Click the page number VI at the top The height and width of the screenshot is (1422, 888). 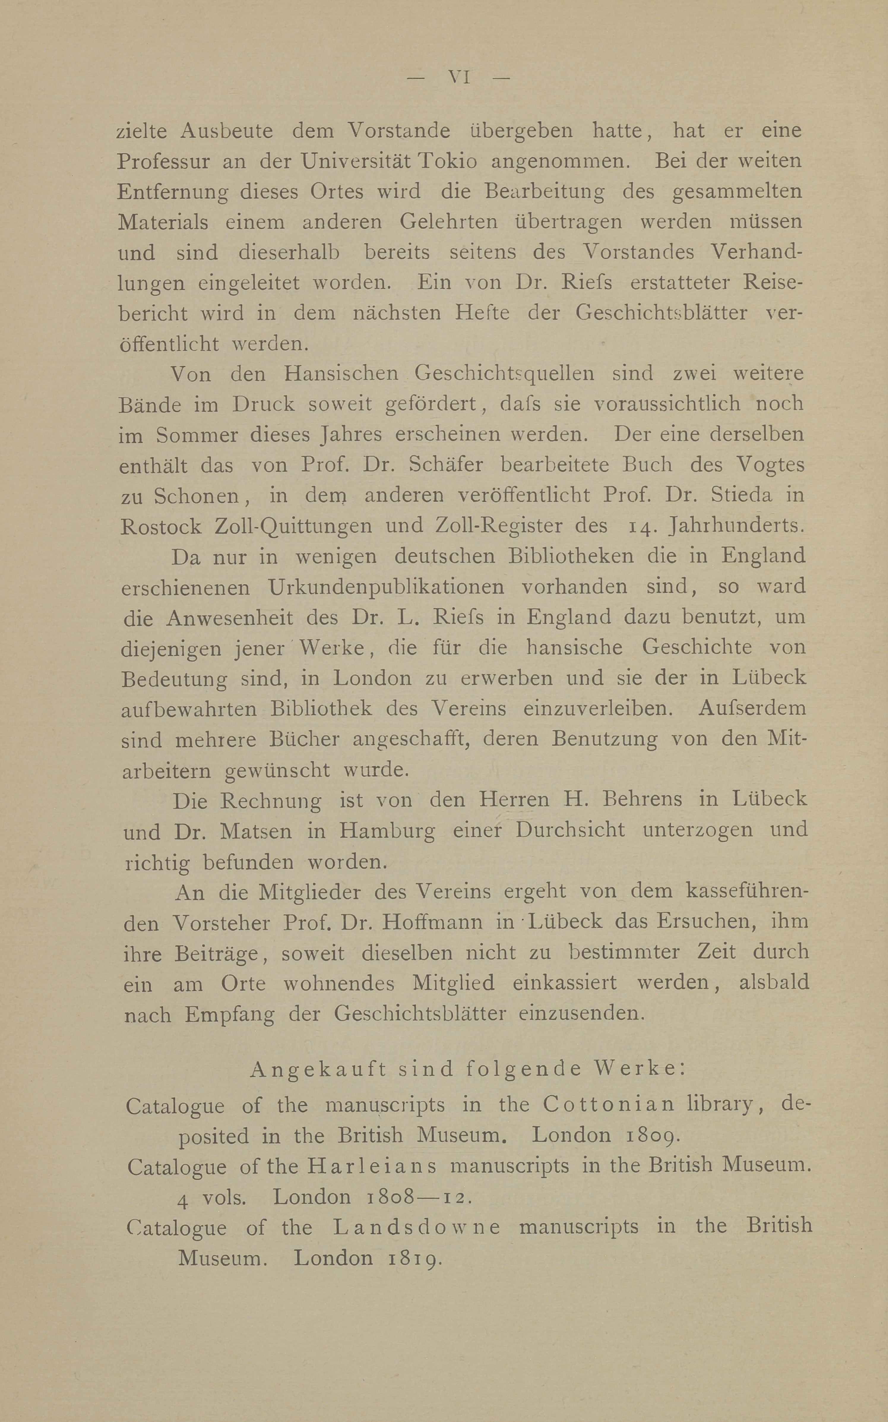coord(460,77)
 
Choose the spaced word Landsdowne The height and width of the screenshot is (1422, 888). coord(417,1226)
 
